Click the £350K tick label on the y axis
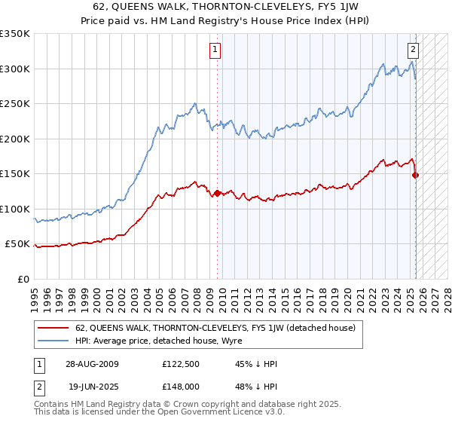click(x=15, y=34)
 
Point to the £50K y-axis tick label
click(x=17, y=244)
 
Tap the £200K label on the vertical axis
click(x=15, y=139)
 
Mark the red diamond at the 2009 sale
click(x=218, y=194)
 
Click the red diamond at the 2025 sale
click(x=415, y=176)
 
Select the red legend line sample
click(x=53, y=328)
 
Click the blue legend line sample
click(x=53, y=340)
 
